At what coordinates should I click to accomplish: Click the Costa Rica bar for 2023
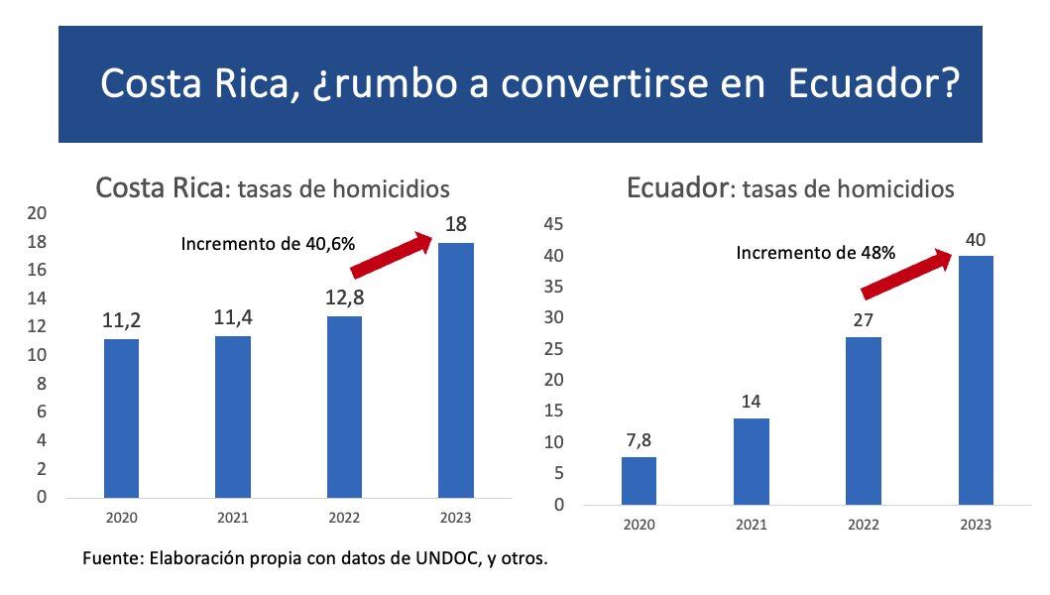pyautogui.click(x=455, y=370)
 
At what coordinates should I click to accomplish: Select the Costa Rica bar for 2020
pyautogui.click(x=121, y=417)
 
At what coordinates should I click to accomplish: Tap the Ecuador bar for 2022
pyautogui.click(x=863, y=420)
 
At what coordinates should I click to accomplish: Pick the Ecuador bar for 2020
pyautogui.click(x=639, y=480)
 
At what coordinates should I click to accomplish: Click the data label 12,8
pyautogui.click(x=344, y=297)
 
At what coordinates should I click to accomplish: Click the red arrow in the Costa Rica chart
pyautogui.click(x=392, y=255)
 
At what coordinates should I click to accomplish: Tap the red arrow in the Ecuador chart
pyautogui.click(x=907, y=274)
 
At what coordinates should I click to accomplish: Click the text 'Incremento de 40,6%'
pyautogui.click(x=268, y=243)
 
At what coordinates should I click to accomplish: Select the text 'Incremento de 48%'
pyautogui.click(x=815, y=253)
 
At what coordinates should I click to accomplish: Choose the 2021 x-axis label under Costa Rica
pyautogui.click(x=233, y=518)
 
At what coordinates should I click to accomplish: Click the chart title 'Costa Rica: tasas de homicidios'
pyautogui.click(x=272, y=188)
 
